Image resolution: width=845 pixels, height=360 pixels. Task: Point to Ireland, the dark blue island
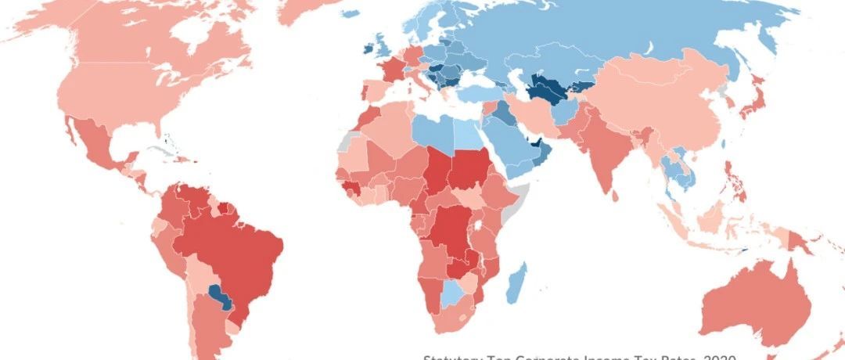pyautogui.click(x=367, y=49)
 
